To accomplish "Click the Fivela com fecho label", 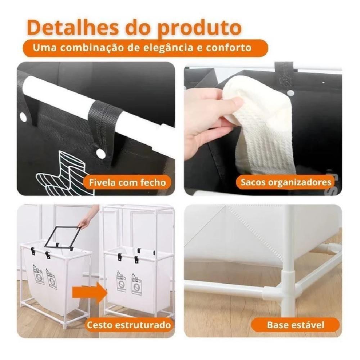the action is click(x=127, y=183).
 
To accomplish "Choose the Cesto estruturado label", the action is click(x=129, y=325).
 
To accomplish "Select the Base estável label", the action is click(x=296, y=325).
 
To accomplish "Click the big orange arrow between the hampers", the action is click(x=90, y=292).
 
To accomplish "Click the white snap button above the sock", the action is click(x=291, y=93).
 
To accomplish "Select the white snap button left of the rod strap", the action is click(x=22, y=117).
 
